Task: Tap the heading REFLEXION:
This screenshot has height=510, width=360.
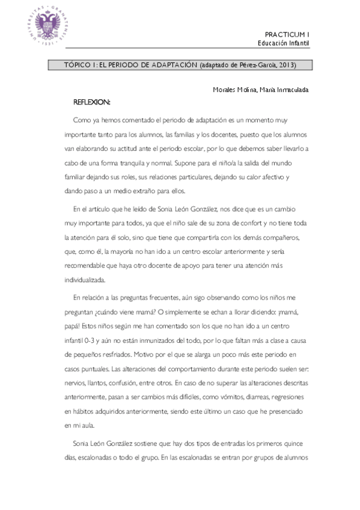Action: coord(91,102)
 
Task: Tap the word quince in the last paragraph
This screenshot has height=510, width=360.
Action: coord(297,443)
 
